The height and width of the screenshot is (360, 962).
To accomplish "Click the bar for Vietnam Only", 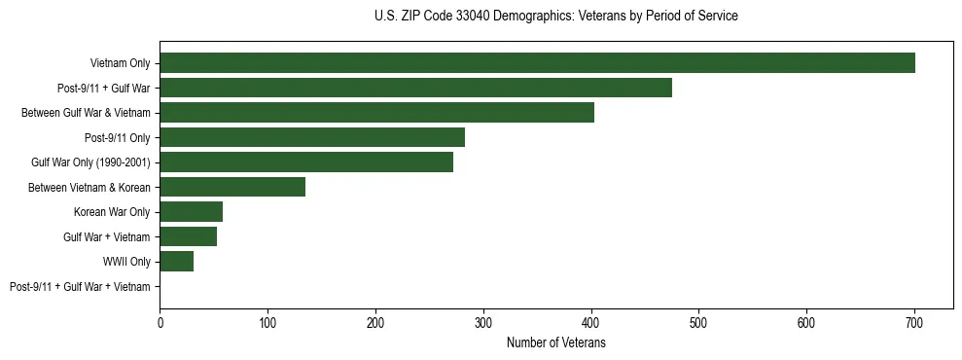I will click(x=537, y=63).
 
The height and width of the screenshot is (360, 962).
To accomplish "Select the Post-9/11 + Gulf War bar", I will click(x=415, y=88).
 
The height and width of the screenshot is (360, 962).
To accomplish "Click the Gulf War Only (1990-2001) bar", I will click(x=306, y=162).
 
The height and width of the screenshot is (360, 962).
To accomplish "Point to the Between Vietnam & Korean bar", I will click(x=232, y=187).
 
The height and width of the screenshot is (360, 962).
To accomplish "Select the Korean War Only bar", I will click(x=191, y=212).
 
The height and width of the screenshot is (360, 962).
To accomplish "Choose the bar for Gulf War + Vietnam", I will click(x=188, y=236).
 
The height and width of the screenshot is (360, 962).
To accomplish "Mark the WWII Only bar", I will click(x=176, y=262).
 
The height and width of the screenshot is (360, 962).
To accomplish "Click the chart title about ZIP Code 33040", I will click(x=555, y=17).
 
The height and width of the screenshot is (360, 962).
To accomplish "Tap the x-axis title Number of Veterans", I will click(x=555, y=343).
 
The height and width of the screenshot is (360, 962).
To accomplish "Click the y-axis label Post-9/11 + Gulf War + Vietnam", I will click(x=80, y=287).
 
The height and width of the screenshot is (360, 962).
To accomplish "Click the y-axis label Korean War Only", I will click(x=112, y=212).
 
